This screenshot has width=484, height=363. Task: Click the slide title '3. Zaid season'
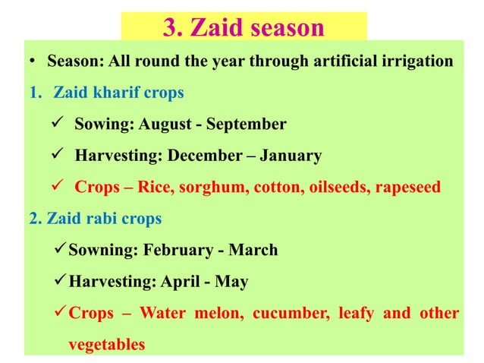[x=244, y=27]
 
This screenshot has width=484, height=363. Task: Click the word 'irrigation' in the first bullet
[x=415, y=61]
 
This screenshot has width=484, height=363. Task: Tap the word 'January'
[x=291, y=156]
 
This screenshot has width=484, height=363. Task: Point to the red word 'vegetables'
[x=106, y=344]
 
